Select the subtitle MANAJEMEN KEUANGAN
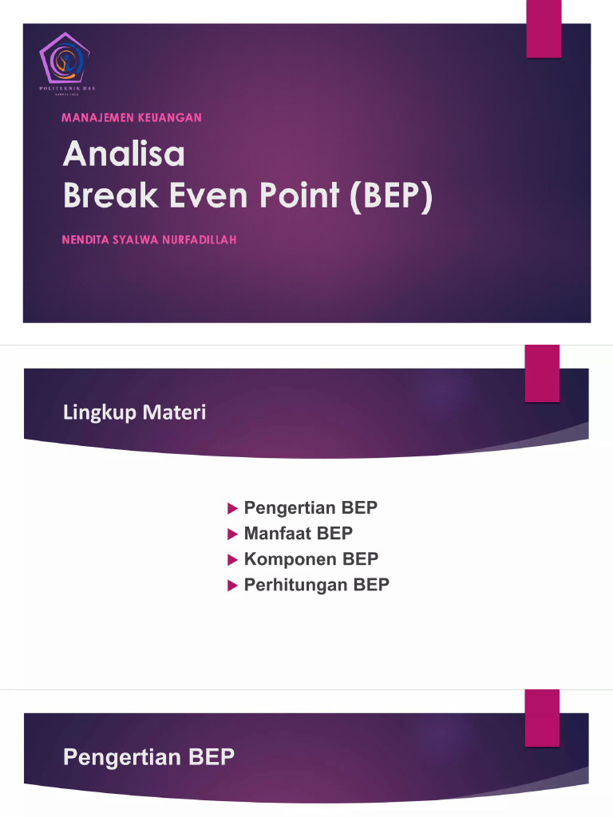coord(132,117)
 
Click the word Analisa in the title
coord(124,154)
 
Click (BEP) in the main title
coord(389,196)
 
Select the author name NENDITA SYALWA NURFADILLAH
coord(149,239)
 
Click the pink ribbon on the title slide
coord(544,29)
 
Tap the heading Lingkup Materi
coord(134,412)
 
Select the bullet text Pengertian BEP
coord(310,508)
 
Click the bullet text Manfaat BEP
coord(298,533)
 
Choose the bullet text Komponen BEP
coord(310,559)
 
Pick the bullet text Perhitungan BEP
coord(316,585)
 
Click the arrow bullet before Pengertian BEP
coord(232,508)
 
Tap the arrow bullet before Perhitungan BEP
coord(232,586)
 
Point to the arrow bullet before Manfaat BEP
coord(232,533)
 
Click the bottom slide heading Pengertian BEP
coord(149,757)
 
